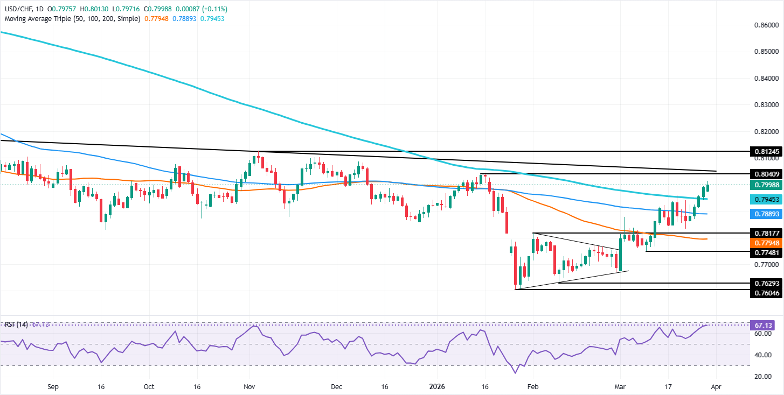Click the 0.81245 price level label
point(765,152)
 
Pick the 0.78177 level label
point(765,233)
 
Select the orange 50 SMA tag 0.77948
point(765,243)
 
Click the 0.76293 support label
point(765,283)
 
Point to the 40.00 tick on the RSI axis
point(763,355)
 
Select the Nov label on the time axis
point(249,386)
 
